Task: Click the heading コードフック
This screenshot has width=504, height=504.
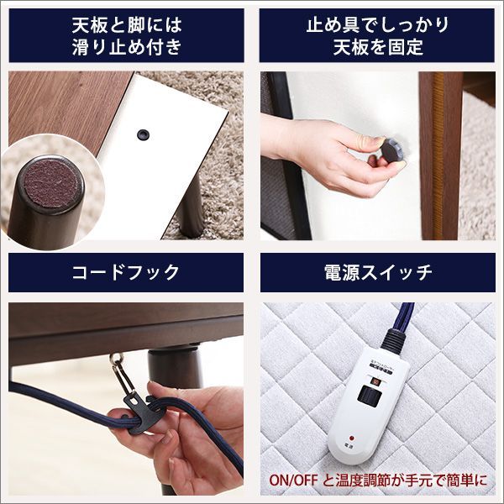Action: coord(126,272)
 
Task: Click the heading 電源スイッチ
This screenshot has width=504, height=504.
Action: coord(377,272)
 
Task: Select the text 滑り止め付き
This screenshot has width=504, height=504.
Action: coord(126,47)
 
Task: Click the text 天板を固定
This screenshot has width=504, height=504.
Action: coord(377,47)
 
